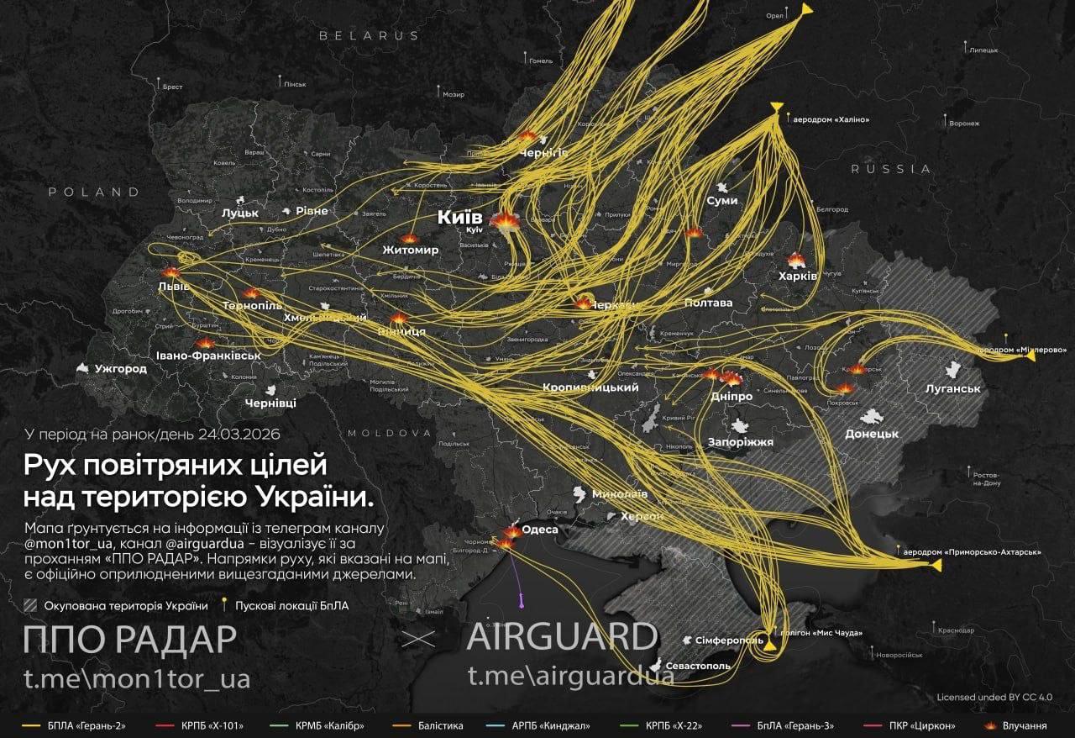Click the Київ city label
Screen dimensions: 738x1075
[460, 218]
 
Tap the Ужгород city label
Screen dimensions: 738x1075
[120, 368]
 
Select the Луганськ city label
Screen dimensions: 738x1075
[952, 388]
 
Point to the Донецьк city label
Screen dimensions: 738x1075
[872, 434]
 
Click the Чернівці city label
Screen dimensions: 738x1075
[270, 403]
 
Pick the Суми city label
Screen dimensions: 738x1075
[722, 200]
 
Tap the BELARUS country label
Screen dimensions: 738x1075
[369, 36]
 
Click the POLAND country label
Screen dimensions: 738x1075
[94, 192]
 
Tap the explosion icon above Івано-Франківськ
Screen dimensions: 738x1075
[205, 343]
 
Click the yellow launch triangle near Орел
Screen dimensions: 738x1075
[806, 9]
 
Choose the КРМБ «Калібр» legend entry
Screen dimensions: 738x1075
[325, 724]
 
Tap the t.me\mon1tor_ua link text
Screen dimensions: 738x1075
[136, 678]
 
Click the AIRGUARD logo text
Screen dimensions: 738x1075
[562, 638]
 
